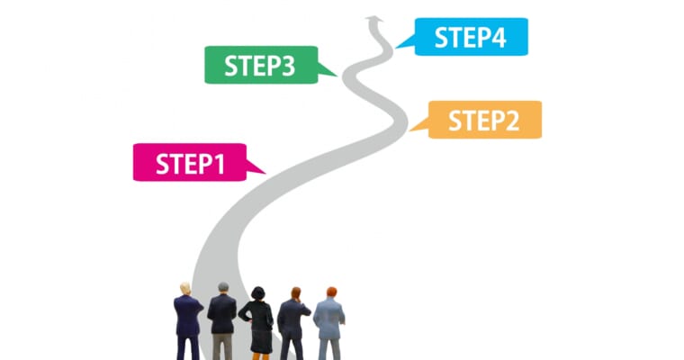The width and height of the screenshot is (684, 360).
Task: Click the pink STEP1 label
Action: (x=190, y=162)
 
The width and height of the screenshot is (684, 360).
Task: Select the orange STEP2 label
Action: (x=484, y=120)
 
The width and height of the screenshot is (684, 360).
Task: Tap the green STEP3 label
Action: (x=261, y=65)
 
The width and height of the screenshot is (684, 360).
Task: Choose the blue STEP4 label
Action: (x=471, y=37)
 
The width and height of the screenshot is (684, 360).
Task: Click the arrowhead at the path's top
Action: (x=374, y=19)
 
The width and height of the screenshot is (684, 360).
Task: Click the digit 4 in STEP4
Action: (x=498, y=38)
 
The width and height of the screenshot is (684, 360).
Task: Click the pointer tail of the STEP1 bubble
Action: (x=256, y=168)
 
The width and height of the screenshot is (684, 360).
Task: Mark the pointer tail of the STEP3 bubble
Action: (x=327, y=70)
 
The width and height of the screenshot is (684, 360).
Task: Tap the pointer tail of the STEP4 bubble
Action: (x=406, y=42)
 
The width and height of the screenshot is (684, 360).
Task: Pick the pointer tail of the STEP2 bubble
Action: (x=419, y=125)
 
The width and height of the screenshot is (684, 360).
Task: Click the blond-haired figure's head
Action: (x=185, y=288)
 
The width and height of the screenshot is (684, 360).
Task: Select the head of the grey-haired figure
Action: (x=223, y=288)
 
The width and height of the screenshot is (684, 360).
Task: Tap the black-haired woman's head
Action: (x=257, y=292)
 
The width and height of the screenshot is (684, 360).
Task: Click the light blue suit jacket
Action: (x=329, y=318)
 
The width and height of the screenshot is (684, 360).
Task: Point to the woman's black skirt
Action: (x=262, y=341)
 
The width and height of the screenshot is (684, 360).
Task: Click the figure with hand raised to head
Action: (x=292, y=324)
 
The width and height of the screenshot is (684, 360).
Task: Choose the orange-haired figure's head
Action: (x=331, y=292)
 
